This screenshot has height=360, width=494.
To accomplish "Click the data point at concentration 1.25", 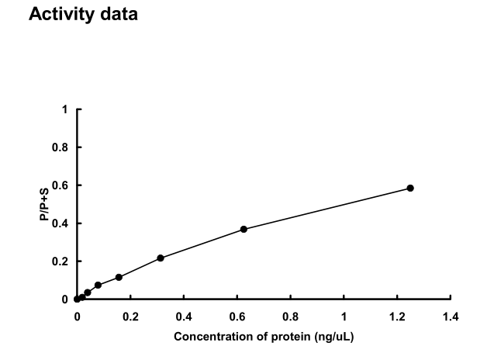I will [x=410, y=188].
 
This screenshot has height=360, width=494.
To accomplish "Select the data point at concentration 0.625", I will [x=244, y=229].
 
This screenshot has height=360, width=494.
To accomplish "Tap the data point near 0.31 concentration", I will [x=161, y=258].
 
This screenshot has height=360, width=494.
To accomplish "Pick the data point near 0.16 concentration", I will [x=119, y=277].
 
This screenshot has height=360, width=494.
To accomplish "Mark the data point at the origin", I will [x=77, y=299].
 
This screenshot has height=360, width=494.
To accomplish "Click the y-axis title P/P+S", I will [x=46, y=205].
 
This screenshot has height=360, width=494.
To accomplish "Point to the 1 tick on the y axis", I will [x=65, y=109].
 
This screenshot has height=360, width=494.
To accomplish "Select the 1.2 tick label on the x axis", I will [x=397, y=317].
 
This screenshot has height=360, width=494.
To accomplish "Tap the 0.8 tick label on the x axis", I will [x=290, y=317].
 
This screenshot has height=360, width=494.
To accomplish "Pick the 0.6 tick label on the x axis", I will [x=237, y=317].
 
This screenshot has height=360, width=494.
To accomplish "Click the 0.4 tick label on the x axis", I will [x=183, y=317].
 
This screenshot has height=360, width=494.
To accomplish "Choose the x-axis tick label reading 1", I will [x=344, y=317].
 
